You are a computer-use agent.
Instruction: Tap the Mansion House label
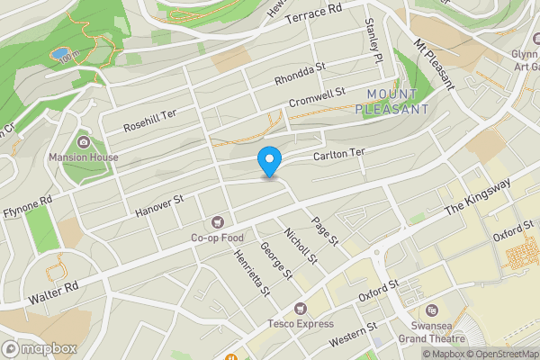[x=83, y=157]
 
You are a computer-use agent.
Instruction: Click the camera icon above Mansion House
[x=83, y=141]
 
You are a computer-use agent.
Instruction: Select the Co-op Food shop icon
[x=217, y=221]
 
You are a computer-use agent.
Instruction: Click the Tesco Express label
[x=300, y=323]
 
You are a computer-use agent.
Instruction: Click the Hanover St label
[x=158, y=206]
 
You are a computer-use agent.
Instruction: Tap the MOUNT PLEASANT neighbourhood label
[x=391, y=101]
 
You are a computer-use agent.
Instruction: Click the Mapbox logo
[x=40, y=348]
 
